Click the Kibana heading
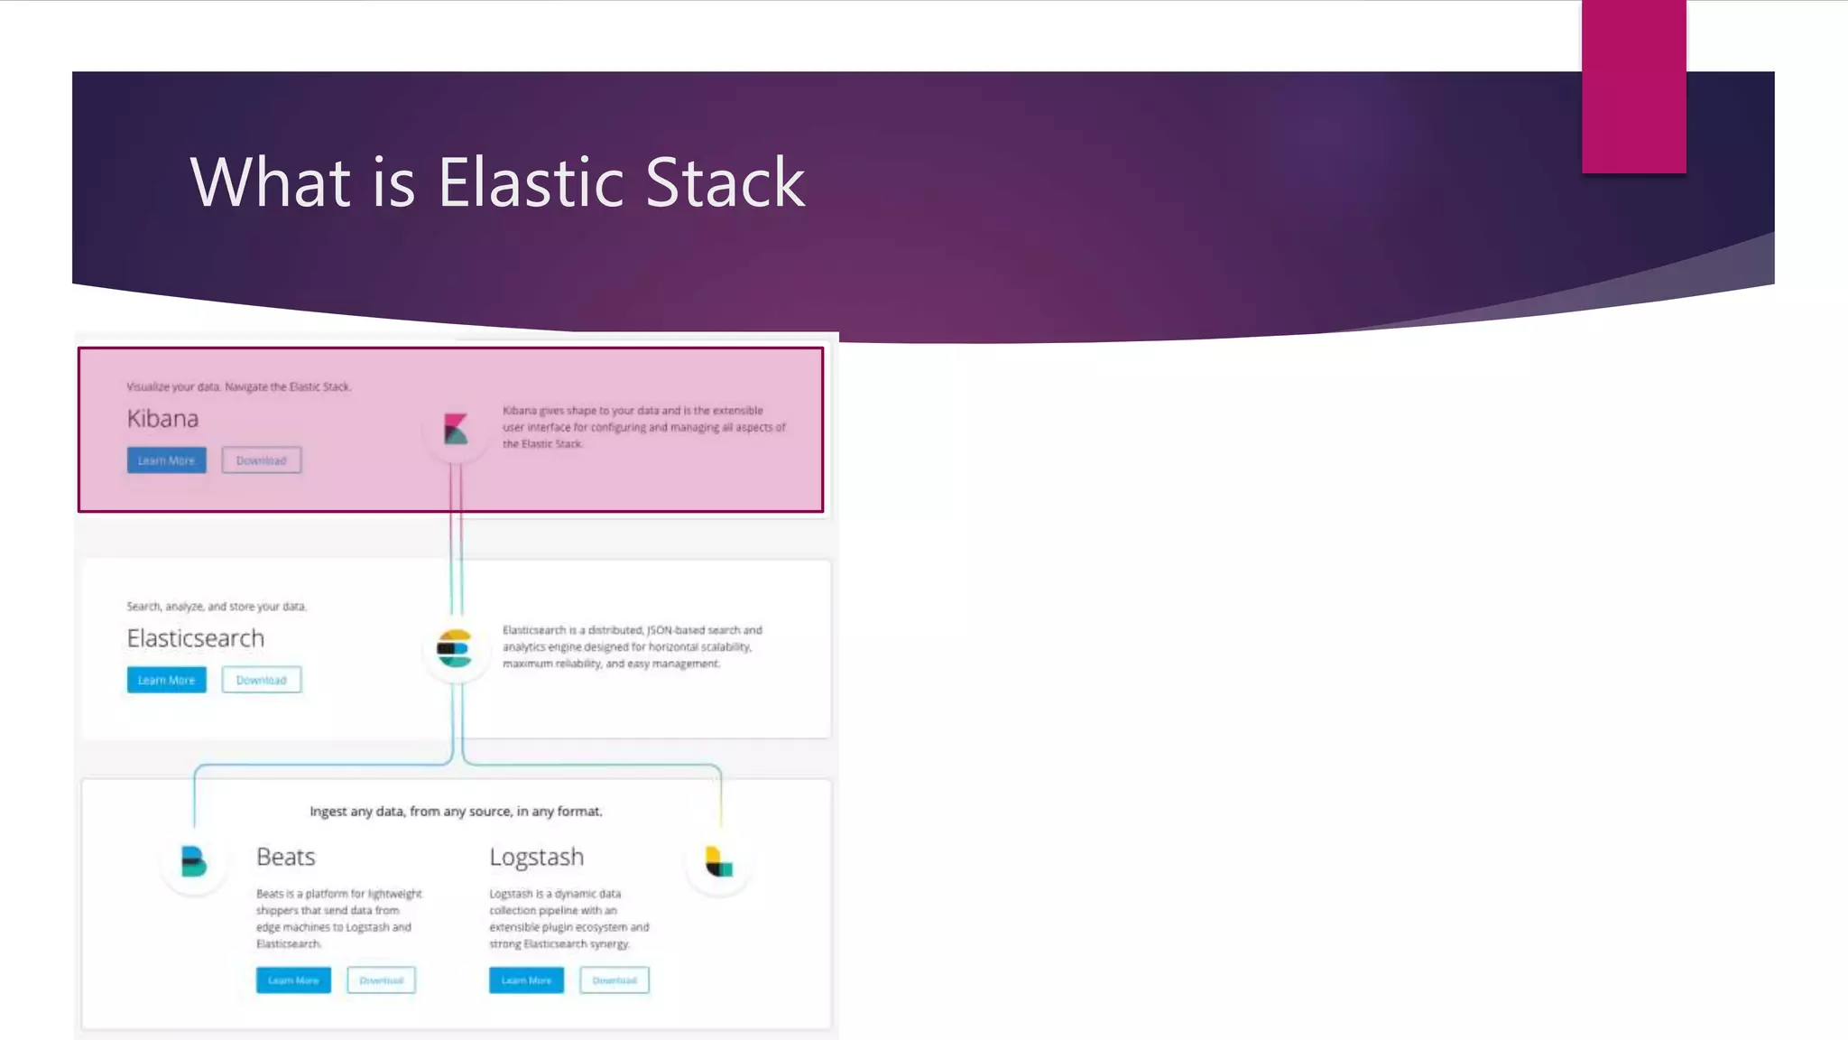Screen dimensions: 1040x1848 [x=162, y=419]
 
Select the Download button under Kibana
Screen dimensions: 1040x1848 [x=262, y=460]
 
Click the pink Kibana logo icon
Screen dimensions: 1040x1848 [x=456, y=429]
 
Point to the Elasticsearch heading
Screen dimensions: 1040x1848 [x=196, y=638]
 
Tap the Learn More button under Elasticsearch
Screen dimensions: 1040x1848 [x=167, y=680]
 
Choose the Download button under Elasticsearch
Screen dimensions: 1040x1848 [x=262, y=680]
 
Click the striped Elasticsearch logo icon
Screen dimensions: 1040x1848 [x=454, y=648]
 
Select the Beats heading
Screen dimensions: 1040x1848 [x=286, y=857]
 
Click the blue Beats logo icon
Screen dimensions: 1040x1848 [x=193, y=862]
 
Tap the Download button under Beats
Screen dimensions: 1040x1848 [x=381, y=980]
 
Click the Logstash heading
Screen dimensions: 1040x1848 [x=537, y=857]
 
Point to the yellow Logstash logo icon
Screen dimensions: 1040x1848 [x=718, y=863]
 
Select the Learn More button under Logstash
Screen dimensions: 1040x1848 [x=526, y=980]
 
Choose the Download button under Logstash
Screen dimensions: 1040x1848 [x=614, y=980]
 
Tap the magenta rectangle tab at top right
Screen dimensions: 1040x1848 [x=1633, y=86]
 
